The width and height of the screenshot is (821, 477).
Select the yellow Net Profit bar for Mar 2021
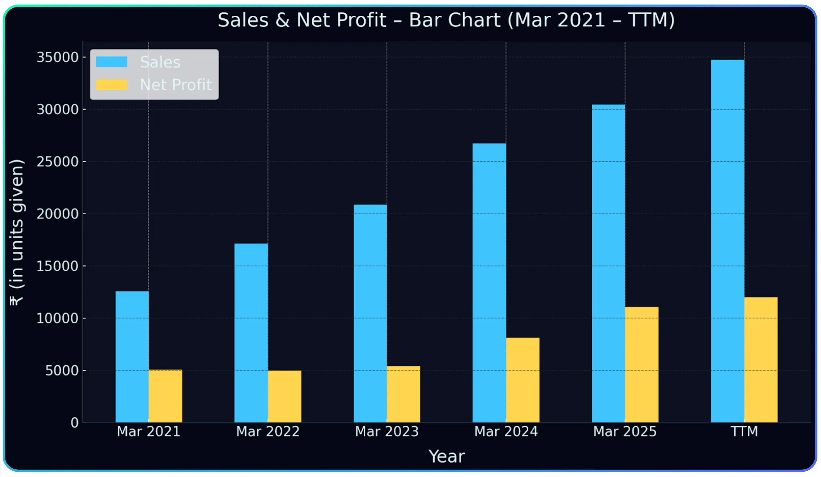click(x=165, y=396)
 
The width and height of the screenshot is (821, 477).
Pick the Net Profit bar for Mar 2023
click(x=403, y=394)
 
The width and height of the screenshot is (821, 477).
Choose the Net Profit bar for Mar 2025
click(x=642, y=365)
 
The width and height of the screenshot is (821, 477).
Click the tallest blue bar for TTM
click(x=728, y=241)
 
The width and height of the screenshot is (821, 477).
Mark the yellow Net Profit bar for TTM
click(x=761, y=360)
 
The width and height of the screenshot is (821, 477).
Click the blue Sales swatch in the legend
click(x=111, y=62)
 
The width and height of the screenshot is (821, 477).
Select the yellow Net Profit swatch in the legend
click(x=111, y=85)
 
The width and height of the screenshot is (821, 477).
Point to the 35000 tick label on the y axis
click(x=58, y=57)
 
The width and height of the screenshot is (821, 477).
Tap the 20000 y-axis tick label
click(x=58, y=214)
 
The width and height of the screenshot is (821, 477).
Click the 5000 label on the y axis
click(x=62, y=371)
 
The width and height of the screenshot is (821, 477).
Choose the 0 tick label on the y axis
click(x=75, y=423)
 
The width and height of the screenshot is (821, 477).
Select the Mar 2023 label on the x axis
click(x=387, y=432)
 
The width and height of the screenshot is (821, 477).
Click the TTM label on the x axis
click(x=744, y=432)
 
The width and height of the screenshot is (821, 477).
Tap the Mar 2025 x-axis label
click(x=625, y=432)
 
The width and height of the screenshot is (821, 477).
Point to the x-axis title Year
click(x=446, y=457)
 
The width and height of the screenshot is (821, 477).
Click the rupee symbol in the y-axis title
click(x=16, y=300)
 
